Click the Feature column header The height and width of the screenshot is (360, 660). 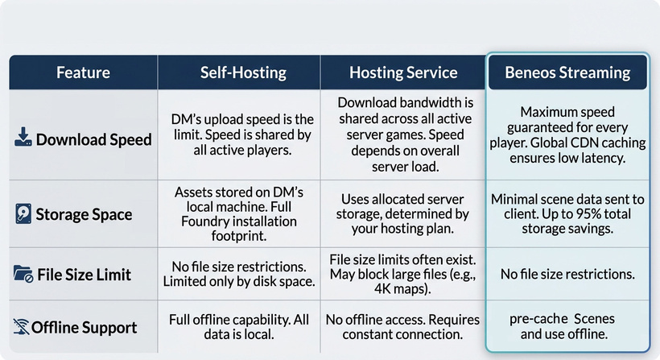click(84, 72)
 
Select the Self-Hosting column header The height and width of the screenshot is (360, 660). click(243, 72)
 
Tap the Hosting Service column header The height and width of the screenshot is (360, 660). click(403, 72)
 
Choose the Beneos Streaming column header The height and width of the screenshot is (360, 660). click(567, 72)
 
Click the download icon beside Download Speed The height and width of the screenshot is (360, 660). click(23, 137)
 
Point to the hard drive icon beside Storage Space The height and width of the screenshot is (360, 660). click(23, 213)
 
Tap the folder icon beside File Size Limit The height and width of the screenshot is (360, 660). click(23, 274)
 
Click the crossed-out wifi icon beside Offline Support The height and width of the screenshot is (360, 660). click(21, 327)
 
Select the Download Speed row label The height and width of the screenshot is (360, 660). click(93, 139)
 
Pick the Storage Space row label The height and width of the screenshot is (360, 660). click(84, 214)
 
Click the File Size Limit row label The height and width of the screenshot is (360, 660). click(84, 275)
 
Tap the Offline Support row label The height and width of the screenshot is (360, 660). click(84, 328)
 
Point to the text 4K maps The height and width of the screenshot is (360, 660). click(401, 289)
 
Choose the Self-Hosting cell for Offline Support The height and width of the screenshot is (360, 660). click(239, 327)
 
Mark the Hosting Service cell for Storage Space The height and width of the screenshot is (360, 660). click(402, 213)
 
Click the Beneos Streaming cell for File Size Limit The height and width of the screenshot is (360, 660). click(567, 274)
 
